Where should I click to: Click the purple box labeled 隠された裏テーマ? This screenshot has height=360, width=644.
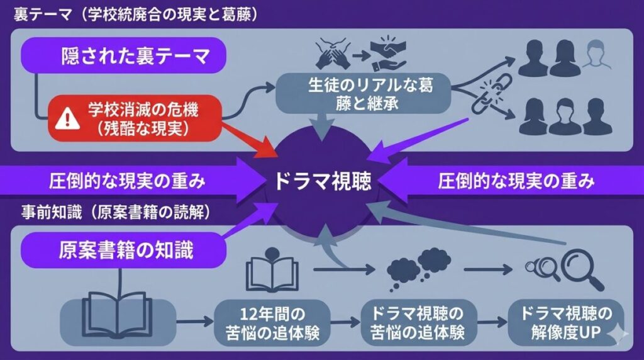(x=123, y=57)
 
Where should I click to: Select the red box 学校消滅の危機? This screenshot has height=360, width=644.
(x=135, y=118)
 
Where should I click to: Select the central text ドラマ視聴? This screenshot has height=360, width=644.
(x=323, y=182)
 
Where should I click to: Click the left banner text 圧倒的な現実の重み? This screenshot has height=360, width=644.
(x=128, y=182)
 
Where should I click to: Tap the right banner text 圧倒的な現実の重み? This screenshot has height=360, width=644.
(x=515, y=182)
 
